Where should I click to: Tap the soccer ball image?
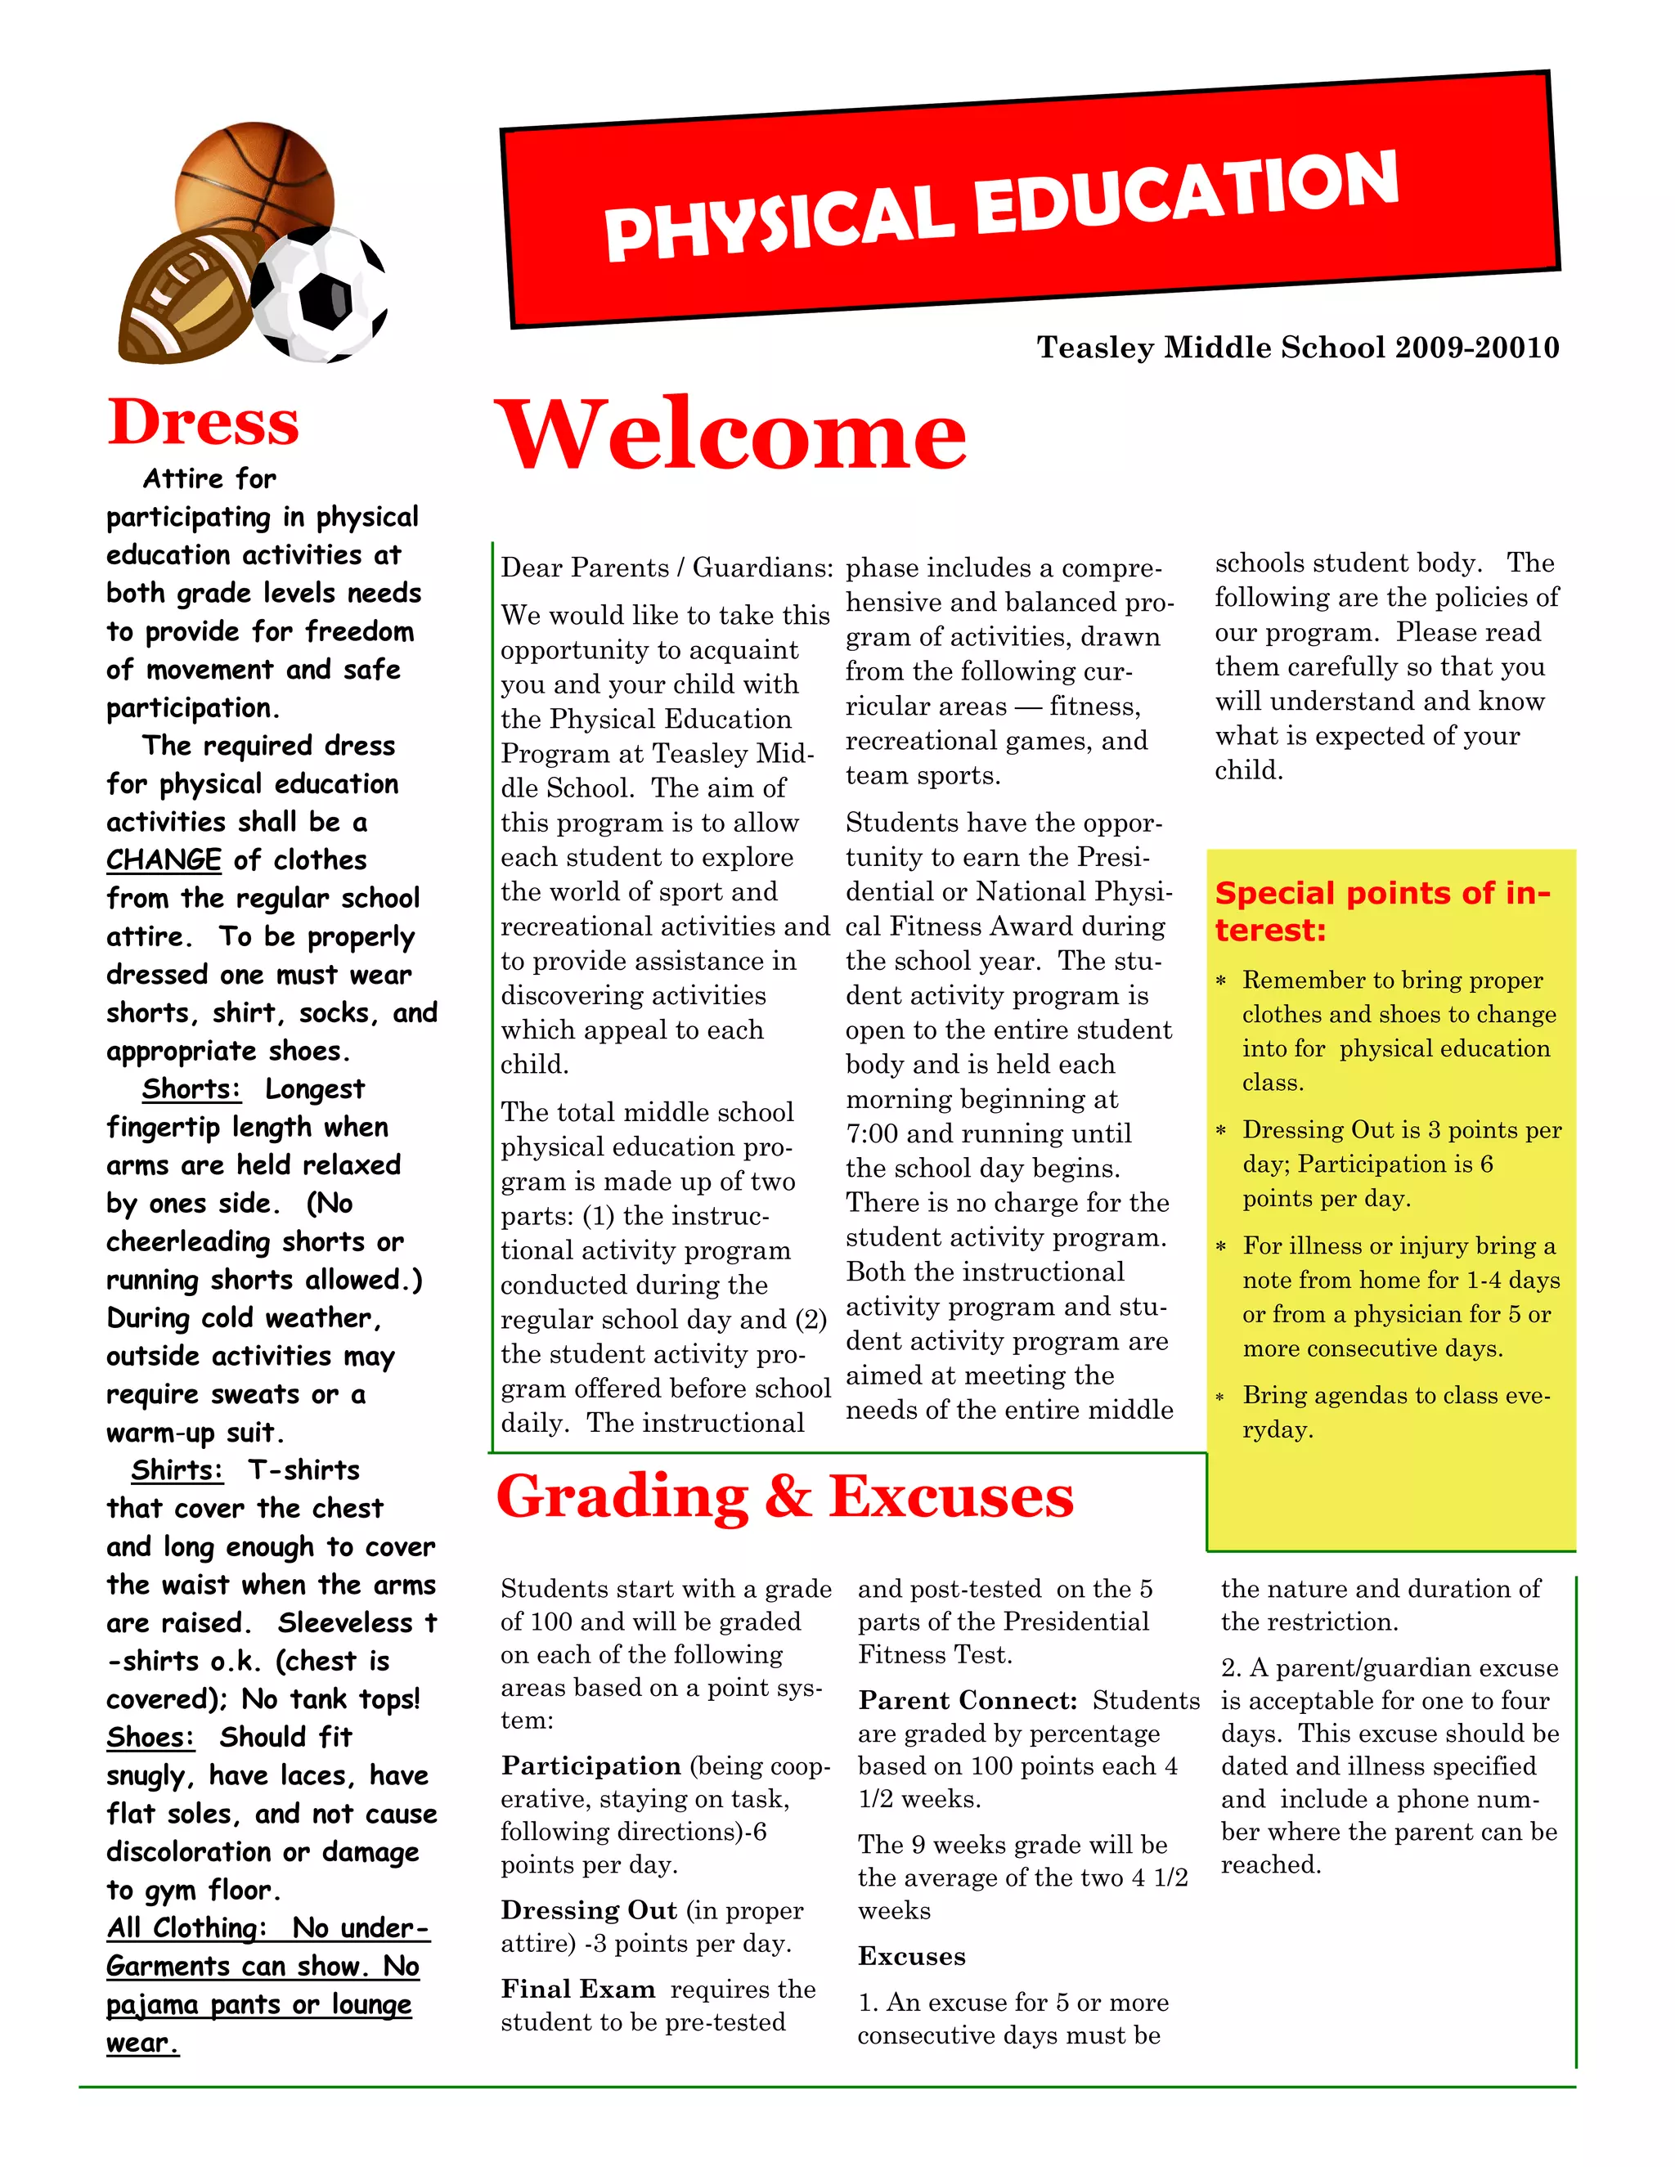tap(320, 294)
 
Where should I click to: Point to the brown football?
tap(189, 298)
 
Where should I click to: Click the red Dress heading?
tap(204, 422)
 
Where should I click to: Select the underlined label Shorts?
tap(191, 1088)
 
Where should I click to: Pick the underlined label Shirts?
tap(177, 1469)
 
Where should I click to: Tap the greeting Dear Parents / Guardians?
tap(666, 568)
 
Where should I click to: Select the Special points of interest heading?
tap(1381, 911)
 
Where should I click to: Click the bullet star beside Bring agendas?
tap(1222, 1398)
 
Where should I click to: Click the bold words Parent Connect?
tap(968, 1701)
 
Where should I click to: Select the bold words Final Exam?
tap(577, 1990)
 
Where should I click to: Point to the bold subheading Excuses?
tap(912, 1957)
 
